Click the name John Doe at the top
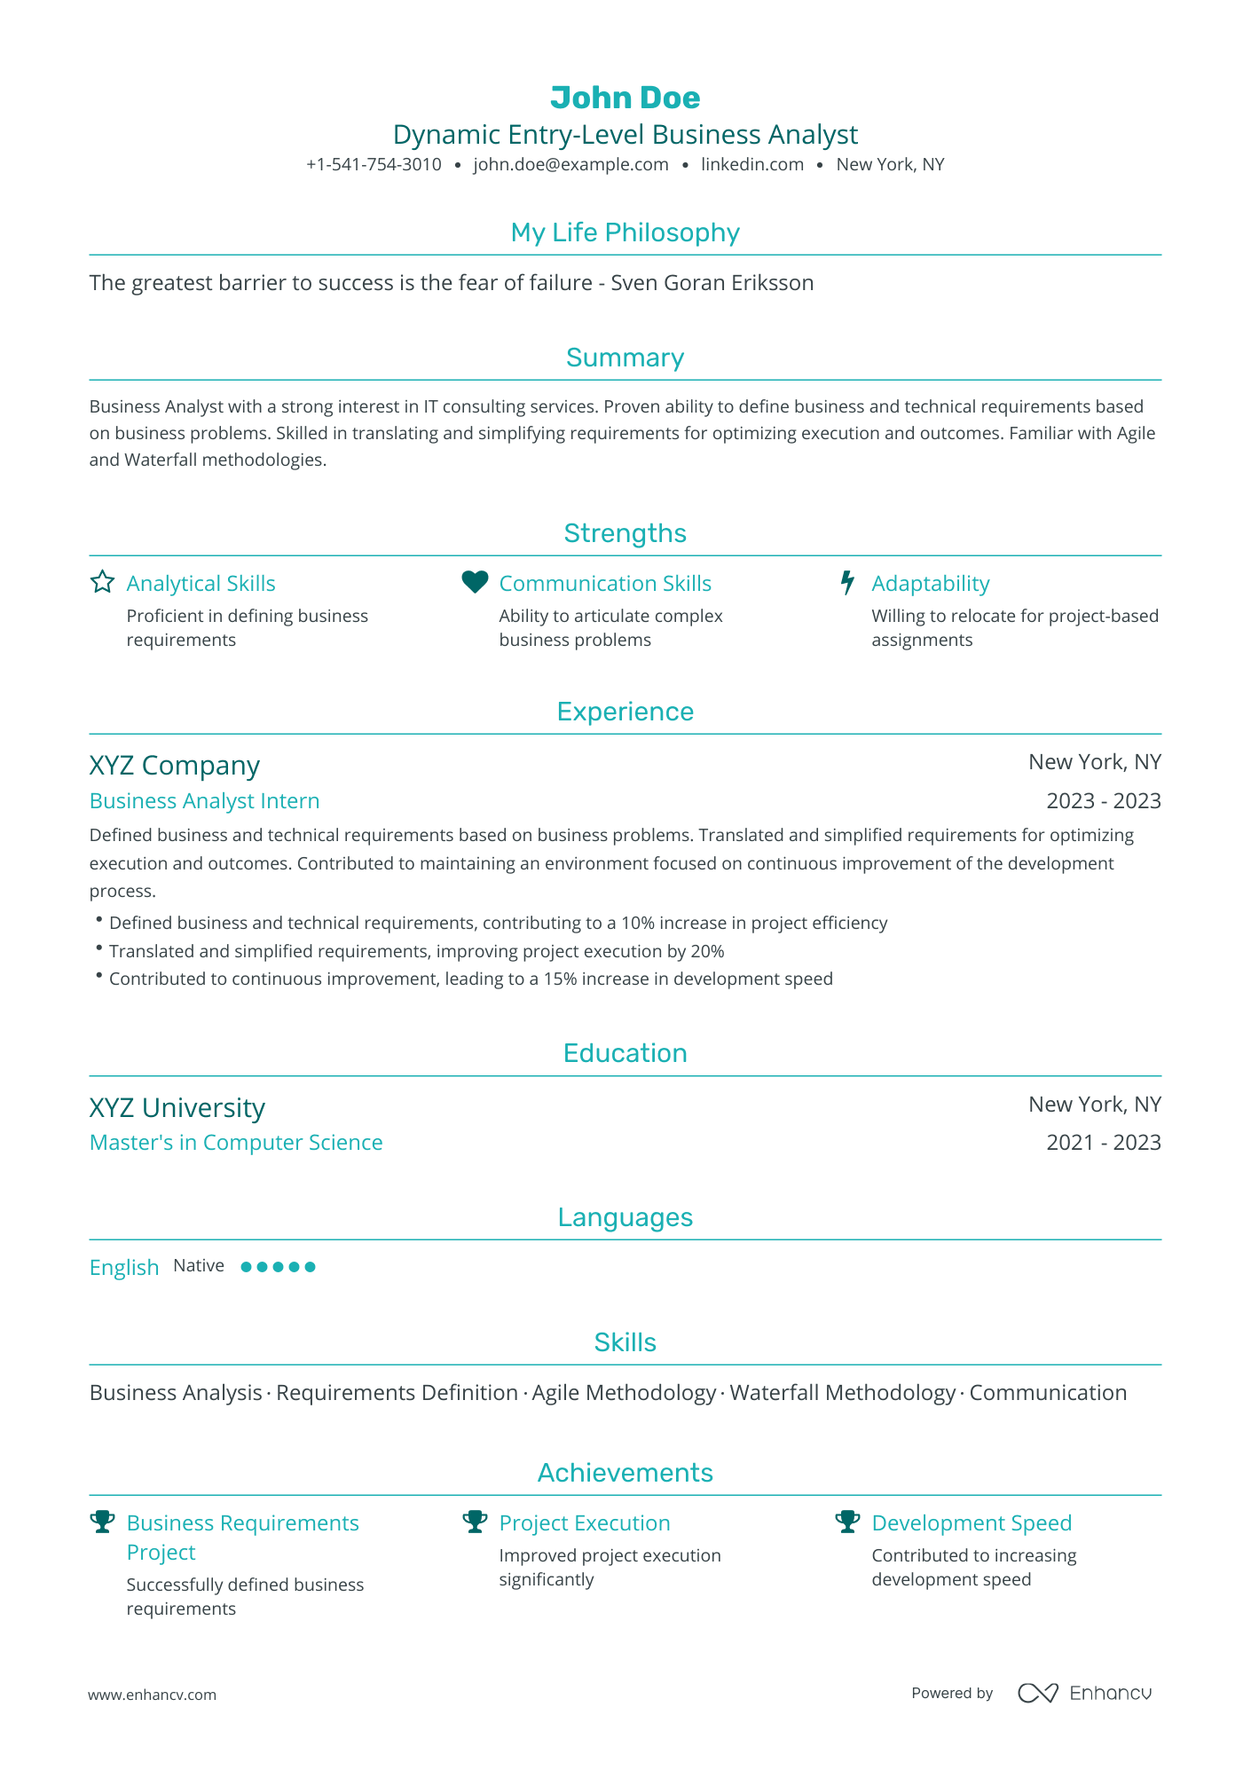[625, 98]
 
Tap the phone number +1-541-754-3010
[374, 164]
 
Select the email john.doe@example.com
[570, 164]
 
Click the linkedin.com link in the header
[751, 164]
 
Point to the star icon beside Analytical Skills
[103, 582]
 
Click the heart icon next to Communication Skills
[475, 582]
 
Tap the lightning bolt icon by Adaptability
[847, 582]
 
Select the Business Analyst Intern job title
[204, 801]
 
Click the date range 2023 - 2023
[1103, 801]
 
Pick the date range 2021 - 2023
[1103, 1143]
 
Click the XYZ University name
[177, 1108]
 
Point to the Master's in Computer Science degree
[236, 1143]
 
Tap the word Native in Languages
[199, 1266]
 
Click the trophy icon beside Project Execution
[476, 1522]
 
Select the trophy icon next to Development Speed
[848, 1522]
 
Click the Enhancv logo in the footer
[1084, 1693]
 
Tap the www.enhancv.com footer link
[152, 1695]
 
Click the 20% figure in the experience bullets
[707, 951]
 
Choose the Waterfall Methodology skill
[842, 1393]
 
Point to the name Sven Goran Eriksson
[712, 283]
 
